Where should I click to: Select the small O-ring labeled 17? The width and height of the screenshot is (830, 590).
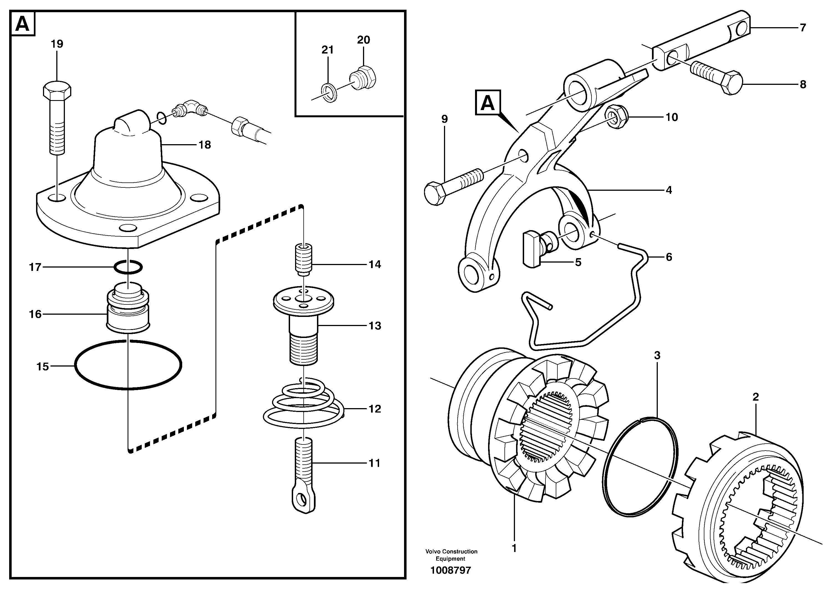pos(128,267)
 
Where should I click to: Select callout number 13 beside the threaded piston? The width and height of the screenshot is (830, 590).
pos(375,326)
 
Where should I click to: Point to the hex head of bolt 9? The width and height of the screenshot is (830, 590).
pos(435,194)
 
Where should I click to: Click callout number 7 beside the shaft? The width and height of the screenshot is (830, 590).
pos(803,28)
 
